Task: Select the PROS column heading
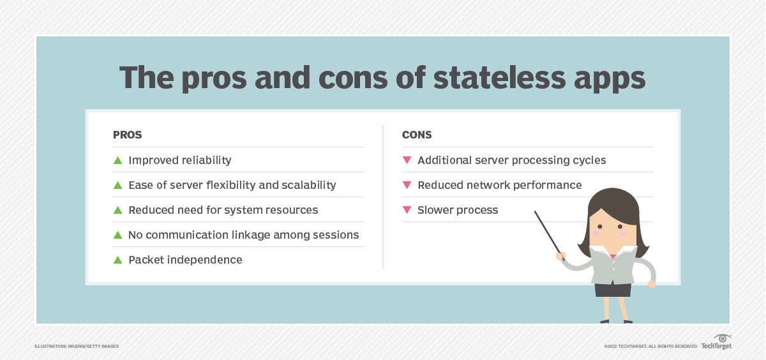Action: [127, 135]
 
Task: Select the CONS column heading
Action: [417, 135]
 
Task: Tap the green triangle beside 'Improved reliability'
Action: [117, 160]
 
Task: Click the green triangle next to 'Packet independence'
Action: [117, 260]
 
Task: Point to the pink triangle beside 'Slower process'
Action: [407, 210]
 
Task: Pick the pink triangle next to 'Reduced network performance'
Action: [407, 185]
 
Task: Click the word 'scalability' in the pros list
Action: [305, 185]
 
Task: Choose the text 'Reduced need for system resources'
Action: [223, 210]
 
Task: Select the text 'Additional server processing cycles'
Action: [511, 160]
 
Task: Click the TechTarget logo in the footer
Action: [716, 343]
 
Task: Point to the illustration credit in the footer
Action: [77, 346]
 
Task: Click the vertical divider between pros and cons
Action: [383, 197]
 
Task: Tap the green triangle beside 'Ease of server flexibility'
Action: [117, 185]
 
